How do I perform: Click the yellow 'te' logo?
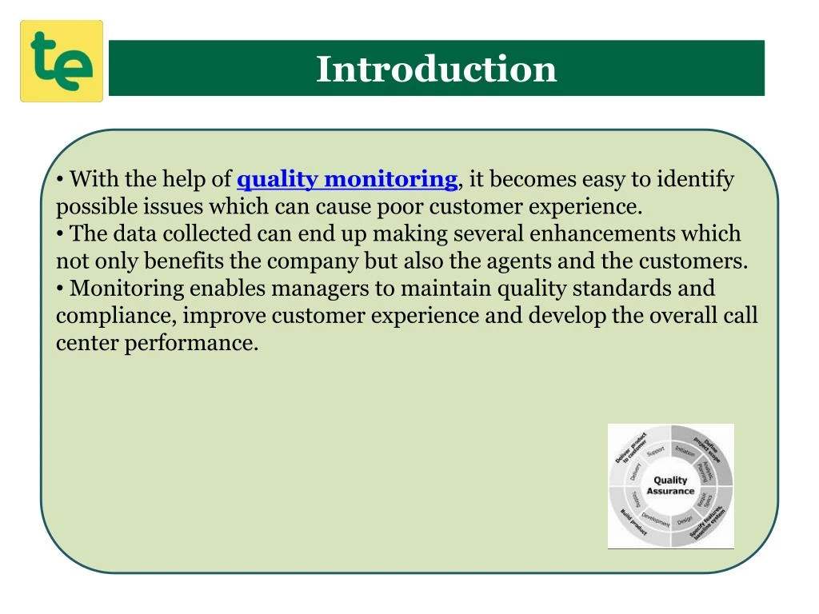[x=62, y=62]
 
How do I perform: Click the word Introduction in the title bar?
[x=436, y=69]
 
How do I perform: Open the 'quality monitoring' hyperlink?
[x=347, y=179]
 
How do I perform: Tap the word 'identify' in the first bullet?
[x=695, y=179]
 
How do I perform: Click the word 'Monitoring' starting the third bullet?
[x=127, y=289]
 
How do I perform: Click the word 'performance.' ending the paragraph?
[x=191, y=344]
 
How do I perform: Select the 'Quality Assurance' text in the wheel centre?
[x=670, y=485]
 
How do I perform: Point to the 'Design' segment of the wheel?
[x=685, y=520]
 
